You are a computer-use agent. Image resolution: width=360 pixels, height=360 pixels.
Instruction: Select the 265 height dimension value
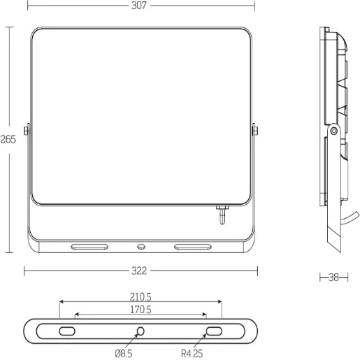pyautogui.click(x=8, y=139)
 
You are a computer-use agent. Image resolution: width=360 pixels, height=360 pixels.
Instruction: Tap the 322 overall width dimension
pyautogui.click(x=140, y=271)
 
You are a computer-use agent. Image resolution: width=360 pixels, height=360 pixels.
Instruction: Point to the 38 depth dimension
pyautogui.click(x=333, y=278)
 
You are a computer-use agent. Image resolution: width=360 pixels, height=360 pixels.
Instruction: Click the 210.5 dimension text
pyautogui.click(x=140, y=296)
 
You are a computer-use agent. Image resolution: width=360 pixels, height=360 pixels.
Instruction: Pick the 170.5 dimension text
pyautogui.click(x=140, y=309)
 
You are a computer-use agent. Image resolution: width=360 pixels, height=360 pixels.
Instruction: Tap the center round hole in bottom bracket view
pyautogui.click(x=141, y=331)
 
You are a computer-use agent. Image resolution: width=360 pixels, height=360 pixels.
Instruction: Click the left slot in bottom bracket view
pyautogui.click(x=67, y=331)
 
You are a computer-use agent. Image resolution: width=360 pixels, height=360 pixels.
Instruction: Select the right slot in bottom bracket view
pyautogui.click(x=213, y=331)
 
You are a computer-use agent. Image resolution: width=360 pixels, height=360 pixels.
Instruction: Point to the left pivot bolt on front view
pyautogui.click(x=26, y=130)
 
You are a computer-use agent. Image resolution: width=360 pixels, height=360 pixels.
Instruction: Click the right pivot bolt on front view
pyautogui.click(x=254, y=130)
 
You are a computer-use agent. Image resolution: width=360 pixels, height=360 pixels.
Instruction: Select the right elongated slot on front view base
pyautogui.click(x=192, y=246)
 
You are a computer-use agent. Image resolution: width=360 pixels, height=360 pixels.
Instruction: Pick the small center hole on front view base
pyautogui.click(x=141, y=246)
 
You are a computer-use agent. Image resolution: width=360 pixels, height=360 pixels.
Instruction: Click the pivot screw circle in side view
pyautogui.click(x=334, y=129)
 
